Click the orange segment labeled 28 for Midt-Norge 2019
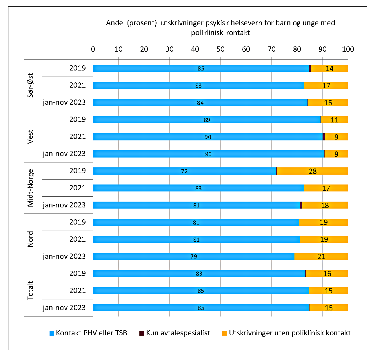(313, 171)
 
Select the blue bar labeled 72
(184, 171)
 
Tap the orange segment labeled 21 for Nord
(321, 256)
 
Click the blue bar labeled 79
(194, 256)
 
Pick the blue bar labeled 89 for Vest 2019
(207, 120)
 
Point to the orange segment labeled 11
(334, 120)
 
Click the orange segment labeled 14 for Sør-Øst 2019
(330, 68)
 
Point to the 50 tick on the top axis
(221, 49)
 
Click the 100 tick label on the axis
(348, 49)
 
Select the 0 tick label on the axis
(93, 49)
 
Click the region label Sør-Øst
(30, 85)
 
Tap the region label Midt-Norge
(30, 188)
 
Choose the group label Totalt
(30, 290)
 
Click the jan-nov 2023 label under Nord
(64, 256)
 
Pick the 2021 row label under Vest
(77, 137)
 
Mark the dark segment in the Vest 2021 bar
(324, 137)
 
